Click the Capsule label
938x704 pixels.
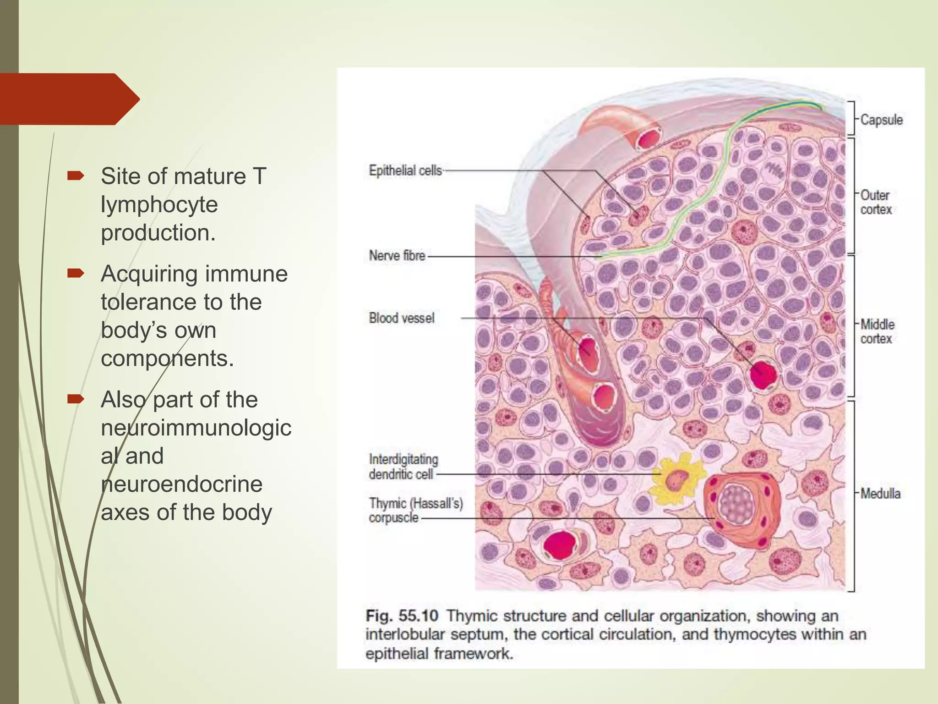(881, 120)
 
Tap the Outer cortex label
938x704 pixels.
(875, 202)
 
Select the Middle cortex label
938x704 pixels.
(877, 331)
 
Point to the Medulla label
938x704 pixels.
(880, 494)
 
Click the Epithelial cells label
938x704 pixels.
(405, 170)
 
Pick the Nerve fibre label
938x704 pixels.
(397, 255)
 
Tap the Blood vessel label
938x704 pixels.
(402, 318)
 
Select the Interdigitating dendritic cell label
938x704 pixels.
(403, 467)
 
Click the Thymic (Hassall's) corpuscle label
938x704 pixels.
(415, 510)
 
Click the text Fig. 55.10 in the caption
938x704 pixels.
(402, 616)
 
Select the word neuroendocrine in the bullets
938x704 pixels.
(182, 484)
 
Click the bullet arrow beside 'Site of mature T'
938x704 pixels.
(76, 176)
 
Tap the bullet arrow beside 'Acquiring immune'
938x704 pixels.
(76, 274)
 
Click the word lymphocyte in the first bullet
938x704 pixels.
(159, 204)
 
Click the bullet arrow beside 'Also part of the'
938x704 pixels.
(76, 399)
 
